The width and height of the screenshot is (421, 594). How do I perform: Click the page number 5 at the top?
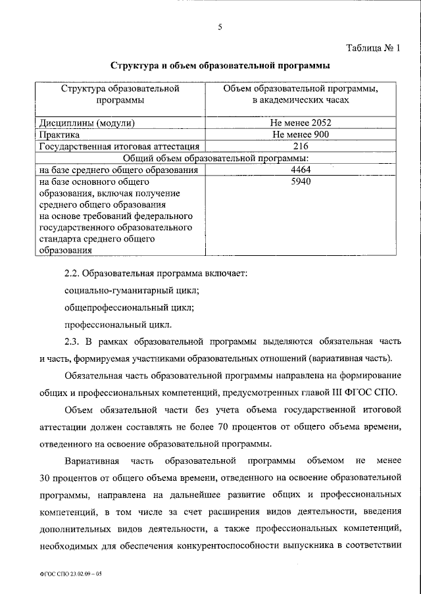(x=220, y=27)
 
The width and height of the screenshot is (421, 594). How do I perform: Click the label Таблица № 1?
(x=372, y=47)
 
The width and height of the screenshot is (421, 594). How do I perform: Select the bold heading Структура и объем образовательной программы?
(x=220, y=66)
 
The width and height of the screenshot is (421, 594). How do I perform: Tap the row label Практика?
(x=60, y=134)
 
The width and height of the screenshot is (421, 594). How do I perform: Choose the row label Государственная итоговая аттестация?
(x=118, y=146)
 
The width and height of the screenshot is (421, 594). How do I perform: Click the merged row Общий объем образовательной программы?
(x=220, y=158)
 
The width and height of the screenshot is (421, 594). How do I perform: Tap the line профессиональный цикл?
(x=118, y=324)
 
